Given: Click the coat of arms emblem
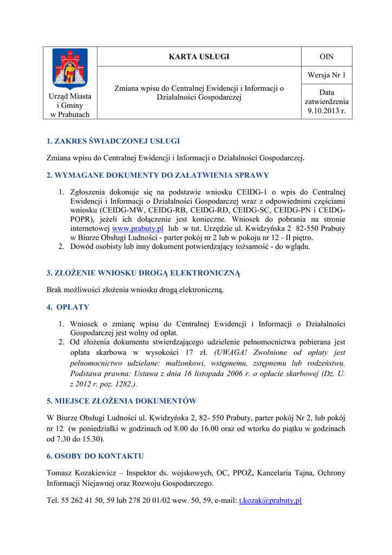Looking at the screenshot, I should pos(70,69).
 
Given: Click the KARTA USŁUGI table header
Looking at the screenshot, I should pos(199,56).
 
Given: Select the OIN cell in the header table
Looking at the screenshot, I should pos(326,56).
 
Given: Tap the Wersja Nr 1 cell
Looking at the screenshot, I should pos(326,75).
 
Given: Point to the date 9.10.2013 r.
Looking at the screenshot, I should pos(326,112).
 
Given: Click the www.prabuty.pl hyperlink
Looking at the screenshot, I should pos(138,229).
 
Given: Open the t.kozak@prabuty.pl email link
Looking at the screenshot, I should pos(270,501).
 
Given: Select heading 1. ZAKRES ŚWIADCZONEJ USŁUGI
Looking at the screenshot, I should pos(113,141).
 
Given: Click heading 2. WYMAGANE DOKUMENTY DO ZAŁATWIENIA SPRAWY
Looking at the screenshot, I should pos(158,175).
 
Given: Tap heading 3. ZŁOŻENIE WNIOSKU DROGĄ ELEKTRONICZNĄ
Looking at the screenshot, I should pos(143,273).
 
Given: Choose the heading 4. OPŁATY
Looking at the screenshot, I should pos(68,307).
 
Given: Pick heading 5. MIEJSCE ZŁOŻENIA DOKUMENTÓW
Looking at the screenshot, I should pos(121,401).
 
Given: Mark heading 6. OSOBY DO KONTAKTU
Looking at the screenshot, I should pos(95,456).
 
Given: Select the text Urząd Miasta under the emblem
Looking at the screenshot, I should pos(70,96).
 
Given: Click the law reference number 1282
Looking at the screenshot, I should pos(122,384).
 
